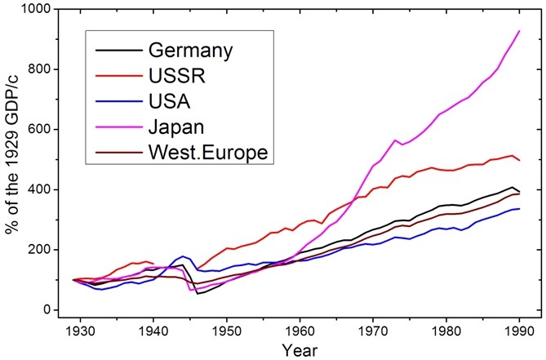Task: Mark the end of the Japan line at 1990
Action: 519,31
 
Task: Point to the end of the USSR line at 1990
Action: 519,160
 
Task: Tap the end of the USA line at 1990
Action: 519,209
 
